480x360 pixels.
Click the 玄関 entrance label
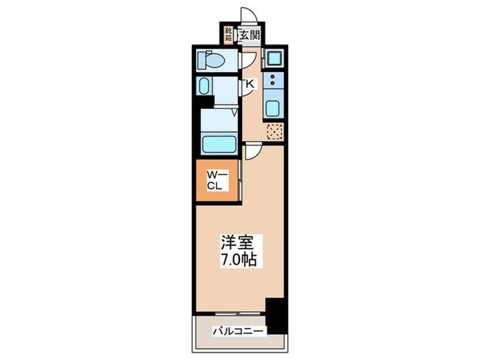[x=249, y=34]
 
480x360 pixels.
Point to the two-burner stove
[x=273, y=82]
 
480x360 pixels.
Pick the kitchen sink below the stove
[x=273, y=108]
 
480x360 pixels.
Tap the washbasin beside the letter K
[x=205, y=87]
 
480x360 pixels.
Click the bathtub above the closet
[x=219, y=145]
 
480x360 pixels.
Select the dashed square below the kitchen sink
[x=274, y=132]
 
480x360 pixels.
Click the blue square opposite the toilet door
[x=274, y=58]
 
